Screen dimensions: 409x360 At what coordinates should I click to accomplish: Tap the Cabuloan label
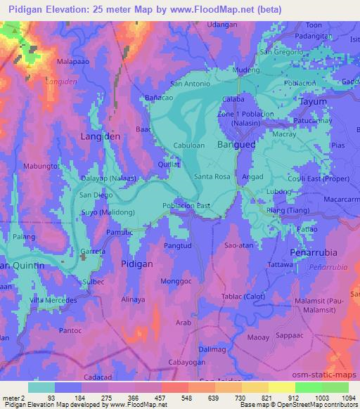pos(189,145)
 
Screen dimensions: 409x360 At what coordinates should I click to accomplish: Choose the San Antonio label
pos(191,84)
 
